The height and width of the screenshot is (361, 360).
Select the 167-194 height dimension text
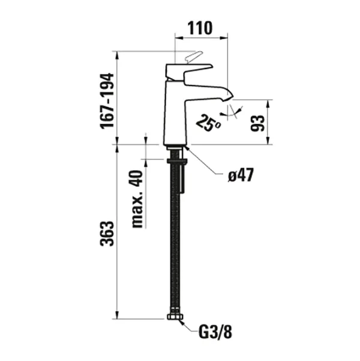[106, 100]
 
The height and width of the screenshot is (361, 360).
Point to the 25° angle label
[208, 123]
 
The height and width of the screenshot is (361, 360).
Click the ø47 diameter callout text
[241, 175]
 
